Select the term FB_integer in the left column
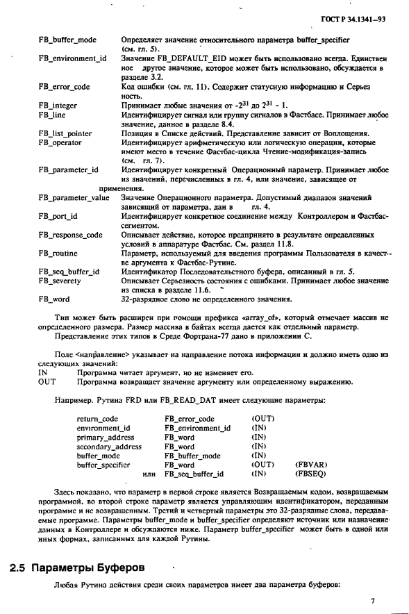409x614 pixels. point(58,105)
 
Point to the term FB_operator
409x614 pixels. point(60,142)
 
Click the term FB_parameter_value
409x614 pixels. point(74,198)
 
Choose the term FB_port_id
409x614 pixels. point(58,216)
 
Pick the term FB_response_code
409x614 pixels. point(70,235)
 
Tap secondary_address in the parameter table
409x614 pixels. point(109,447)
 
